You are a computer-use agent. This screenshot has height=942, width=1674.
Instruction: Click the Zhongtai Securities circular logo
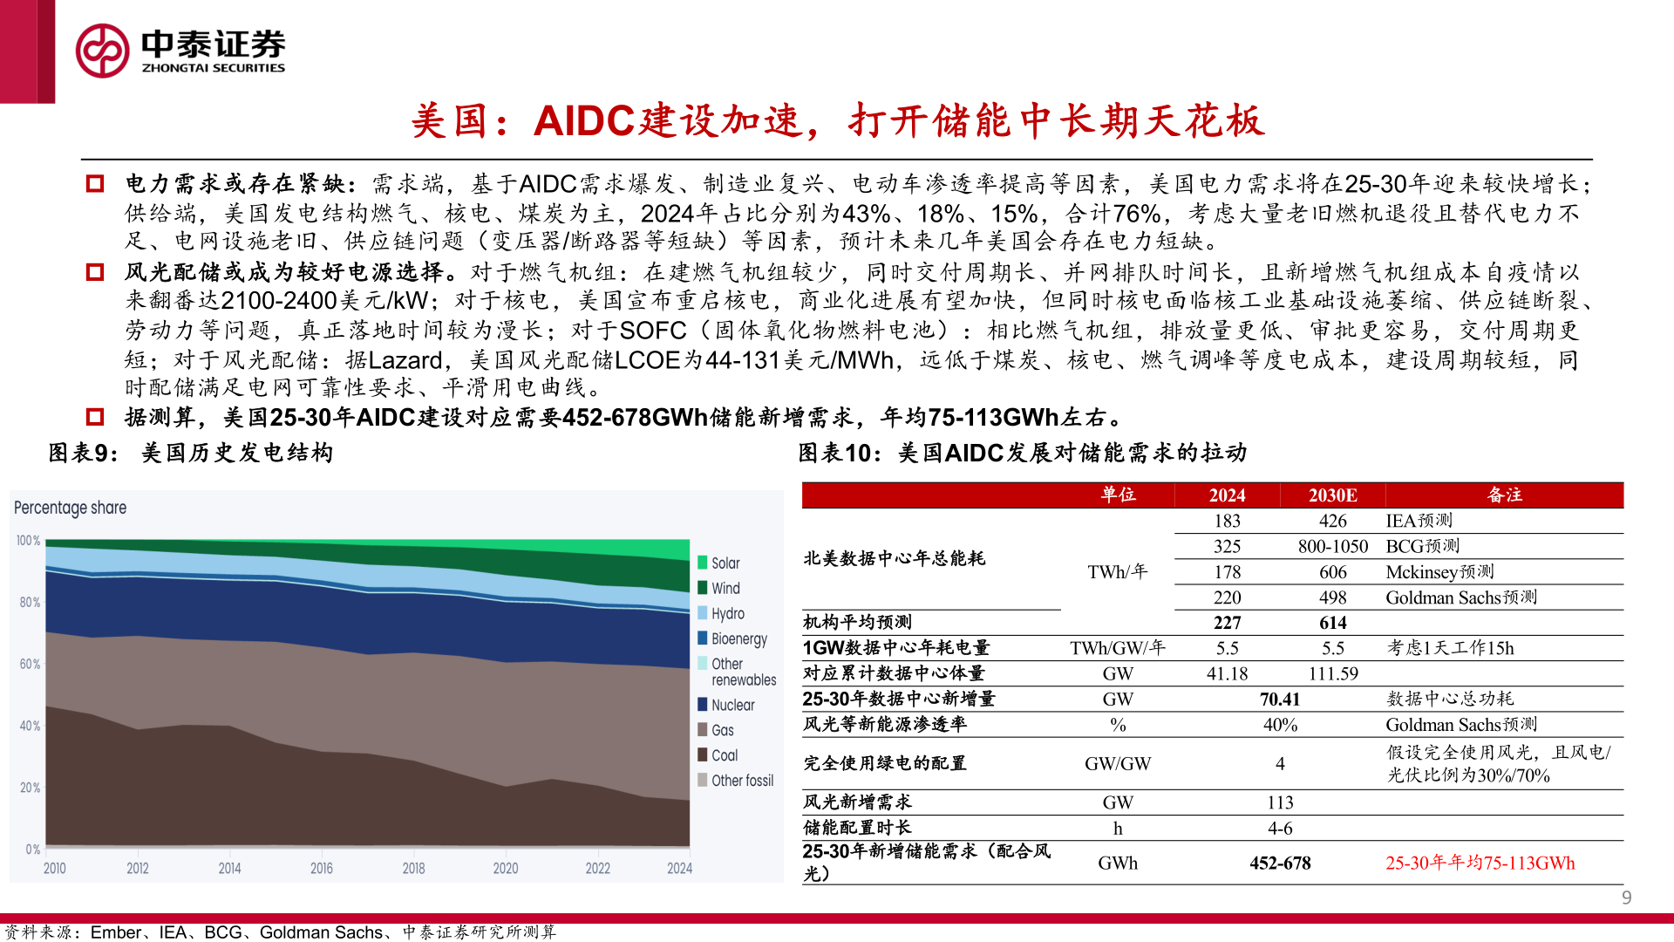tap(102, 51)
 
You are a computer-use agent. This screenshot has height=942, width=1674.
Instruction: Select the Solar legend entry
tap(725, 563)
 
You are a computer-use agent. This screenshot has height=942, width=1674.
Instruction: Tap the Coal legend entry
tap(724, 755)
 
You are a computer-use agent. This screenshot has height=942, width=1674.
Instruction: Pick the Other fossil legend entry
tap(741, 781)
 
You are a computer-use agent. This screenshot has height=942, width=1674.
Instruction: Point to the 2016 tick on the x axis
tap(321, 868)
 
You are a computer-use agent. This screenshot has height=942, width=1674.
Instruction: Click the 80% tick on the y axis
tap(30, 603)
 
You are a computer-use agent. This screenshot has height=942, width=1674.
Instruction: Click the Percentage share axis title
tap(70, 508)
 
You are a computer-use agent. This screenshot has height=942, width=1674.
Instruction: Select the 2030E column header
tap(1332, 495)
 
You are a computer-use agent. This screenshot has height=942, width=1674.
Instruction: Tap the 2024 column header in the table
tap(1227, 495)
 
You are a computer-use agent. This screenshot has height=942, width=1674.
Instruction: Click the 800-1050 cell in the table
tap(1332, 546)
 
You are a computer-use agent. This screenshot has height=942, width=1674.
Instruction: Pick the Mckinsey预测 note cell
tap(1439, 572)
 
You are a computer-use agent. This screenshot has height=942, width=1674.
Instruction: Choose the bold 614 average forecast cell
tap(1332, 623)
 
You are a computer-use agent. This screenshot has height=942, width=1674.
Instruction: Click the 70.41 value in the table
tap(1279, 700)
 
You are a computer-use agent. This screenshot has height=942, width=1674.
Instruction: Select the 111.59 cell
tap(1332, 674)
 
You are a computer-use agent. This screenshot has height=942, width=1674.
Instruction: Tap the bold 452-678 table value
tap(1279, 863)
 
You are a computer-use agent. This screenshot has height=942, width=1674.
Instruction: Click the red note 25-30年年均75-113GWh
tap(1480, 863)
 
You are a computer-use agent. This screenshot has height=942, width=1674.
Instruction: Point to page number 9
tap(1626, 898)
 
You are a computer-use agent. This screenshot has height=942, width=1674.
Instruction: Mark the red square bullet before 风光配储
tap(95, 272)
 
